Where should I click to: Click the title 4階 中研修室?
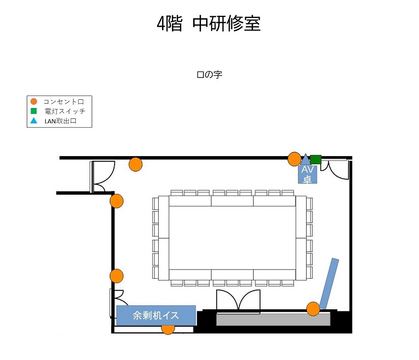pyautogui.click(x=209, y=23)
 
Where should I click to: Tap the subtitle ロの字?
pyautogui.click(x=209, y=75)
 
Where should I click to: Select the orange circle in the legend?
pyautogui.click(x=34, y=101)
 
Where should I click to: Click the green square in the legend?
pyautogui.click(x=34, y=111)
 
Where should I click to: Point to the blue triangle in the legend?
pyautogui.click(x=34, y=121)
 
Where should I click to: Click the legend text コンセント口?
pyautogui.click(x=64, y=101)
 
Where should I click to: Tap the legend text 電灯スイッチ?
pyautogui.click(x=65, y=111)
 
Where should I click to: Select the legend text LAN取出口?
pyautogui.click(x=61, y=121)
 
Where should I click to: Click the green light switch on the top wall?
pyautogui.click(x=315, y=159)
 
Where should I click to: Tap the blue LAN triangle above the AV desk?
pyautogui.click(x=306, y=160)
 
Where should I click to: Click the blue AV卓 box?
pyautogui.click(x=308, y=174)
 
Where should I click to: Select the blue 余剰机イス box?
pyautogui.click(x=156, y=315)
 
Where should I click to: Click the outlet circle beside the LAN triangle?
pyautogui.click(x=294, y=159)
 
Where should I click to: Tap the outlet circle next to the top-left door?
pyautogui.click(x=135, y=164)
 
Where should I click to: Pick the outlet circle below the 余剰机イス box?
pyautogui.click(x=168, y=329)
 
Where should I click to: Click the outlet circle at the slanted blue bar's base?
pyautogui.click(x=313, y=309)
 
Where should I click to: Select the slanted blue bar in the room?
pyautogui.click(x=329, y=283)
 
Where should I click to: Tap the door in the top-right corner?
pyautogui.click(x=336, y=169)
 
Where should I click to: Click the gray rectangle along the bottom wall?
pyautogui.click(x=273, y=320)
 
